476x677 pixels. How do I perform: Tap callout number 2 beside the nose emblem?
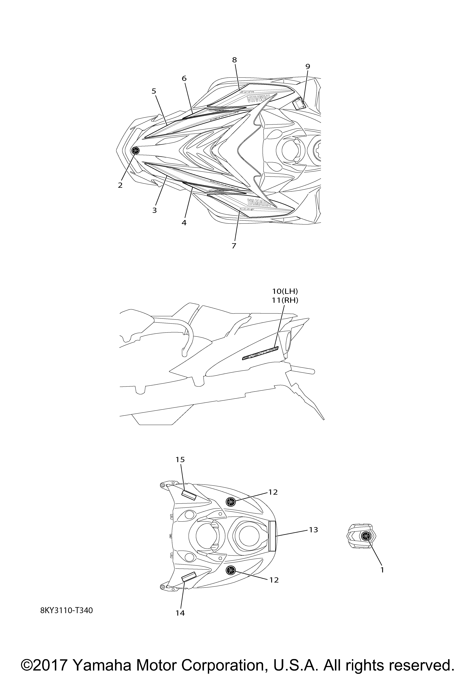pyautogui.click(x=120, y=185)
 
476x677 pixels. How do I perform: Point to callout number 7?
pyautogui.click(x=234, y=246)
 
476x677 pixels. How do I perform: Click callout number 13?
pyautogui.click(x=313, y=530)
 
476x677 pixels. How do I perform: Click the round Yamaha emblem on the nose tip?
pyautogui.click(x=135, y=150)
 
